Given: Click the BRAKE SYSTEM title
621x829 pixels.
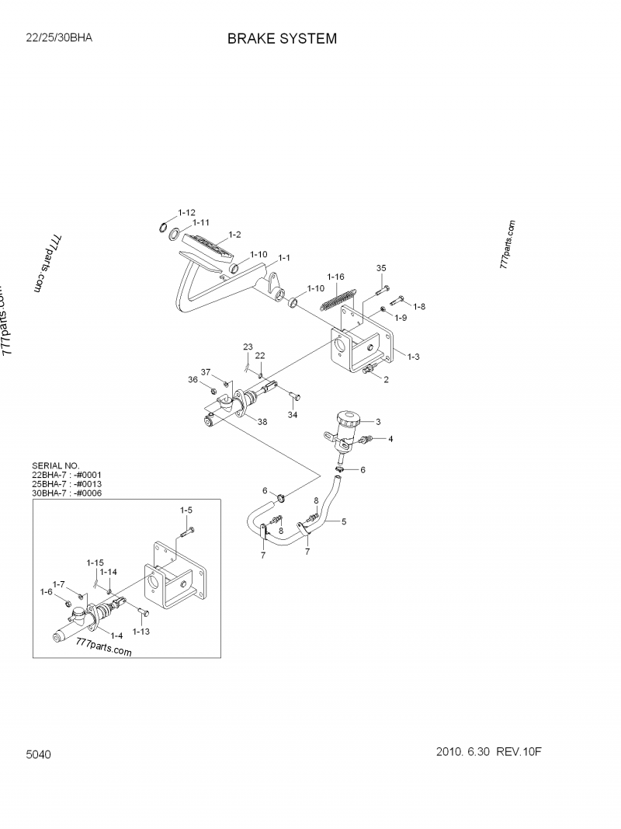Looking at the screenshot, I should pyautogui.click(x=282, y=39).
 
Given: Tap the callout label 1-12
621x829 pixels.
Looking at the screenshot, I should pyautogui.click(x=186, y=212).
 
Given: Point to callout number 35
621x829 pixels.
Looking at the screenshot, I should pyautogui.click(x=381, y=268).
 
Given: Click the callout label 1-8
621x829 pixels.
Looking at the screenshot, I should pyautogui.click(x=419, y=306).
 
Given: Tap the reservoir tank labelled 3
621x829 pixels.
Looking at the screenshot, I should pyautogui.click(x=345, y=423).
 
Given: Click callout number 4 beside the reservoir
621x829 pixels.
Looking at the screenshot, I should pyautogui.click(x=390, y=439).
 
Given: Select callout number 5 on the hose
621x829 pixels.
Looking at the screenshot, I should pyautogui.click(x=344, y=522).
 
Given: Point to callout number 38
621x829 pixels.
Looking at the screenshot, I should pyautogui.click(x=262, y=423).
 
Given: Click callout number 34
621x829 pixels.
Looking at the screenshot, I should pyautogui.click(x=293, y=416).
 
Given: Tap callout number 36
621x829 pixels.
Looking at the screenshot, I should pyautogui.click(x=193, y=379).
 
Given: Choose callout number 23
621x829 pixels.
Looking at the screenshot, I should pyautogui.click(x=248, y=346).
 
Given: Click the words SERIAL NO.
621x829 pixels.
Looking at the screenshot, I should pyautogui.click(x=55, y=465).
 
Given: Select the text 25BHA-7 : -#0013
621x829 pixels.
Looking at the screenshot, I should pyautogui.click(x=67, y=483).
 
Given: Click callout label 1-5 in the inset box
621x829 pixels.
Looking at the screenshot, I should pyautogui.click(x=186, y=510).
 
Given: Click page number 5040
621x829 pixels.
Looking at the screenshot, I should pyautogui.click(x=38, y=755).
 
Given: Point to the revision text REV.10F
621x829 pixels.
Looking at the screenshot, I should pyautogui.click(x=525, y=752).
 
